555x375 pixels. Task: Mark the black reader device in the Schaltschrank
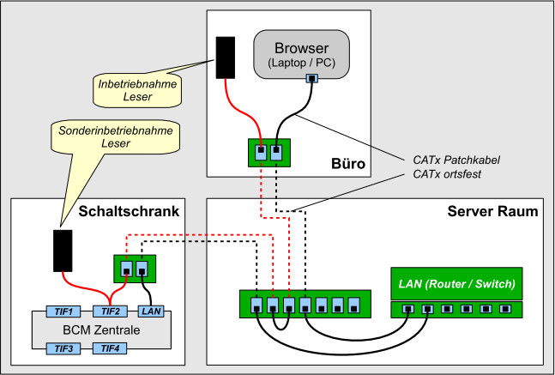[63, 249]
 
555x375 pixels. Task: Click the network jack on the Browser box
[312, 79]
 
